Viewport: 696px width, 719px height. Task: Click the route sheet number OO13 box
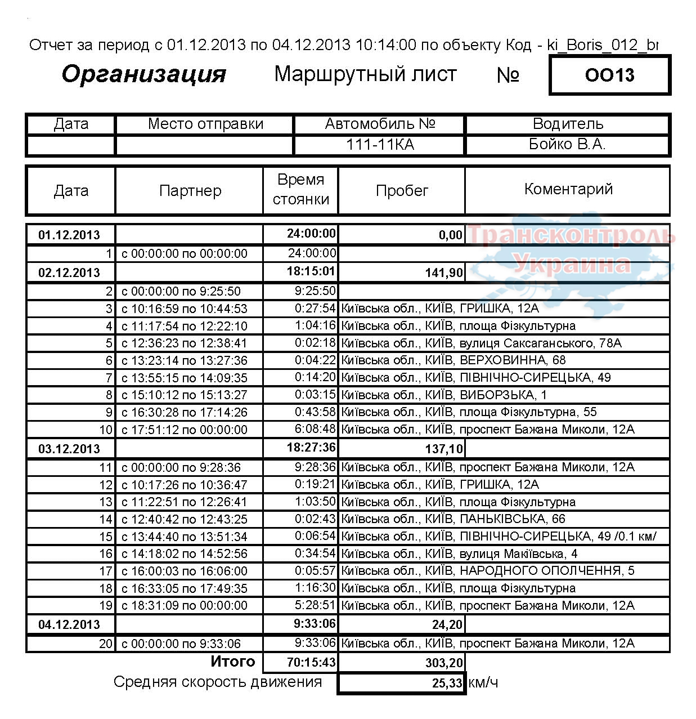609,75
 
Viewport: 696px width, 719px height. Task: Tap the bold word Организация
144,74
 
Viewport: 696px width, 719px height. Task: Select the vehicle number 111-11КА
380,145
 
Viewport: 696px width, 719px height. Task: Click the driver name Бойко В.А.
567,145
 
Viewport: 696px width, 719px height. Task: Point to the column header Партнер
190,191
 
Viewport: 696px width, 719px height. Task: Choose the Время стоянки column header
300,190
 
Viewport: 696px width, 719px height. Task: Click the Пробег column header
402,191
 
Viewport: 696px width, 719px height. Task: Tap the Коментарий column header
568,189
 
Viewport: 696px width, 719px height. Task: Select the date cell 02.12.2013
69,273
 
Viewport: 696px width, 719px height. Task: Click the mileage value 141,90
444,273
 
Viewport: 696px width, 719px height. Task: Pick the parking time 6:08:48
315,429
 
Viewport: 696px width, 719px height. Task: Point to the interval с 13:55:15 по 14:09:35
185,378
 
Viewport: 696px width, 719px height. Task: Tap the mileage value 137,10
444,449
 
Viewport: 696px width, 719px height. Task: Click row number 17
106,571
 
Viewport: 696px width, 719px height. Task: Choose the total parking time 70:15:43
311,663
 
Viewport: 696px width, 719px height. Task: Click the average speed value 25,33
447,684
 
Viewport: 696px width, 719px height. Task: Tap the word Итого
232,662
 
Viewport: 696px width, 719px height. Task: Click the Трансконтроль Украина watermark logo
571,251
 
